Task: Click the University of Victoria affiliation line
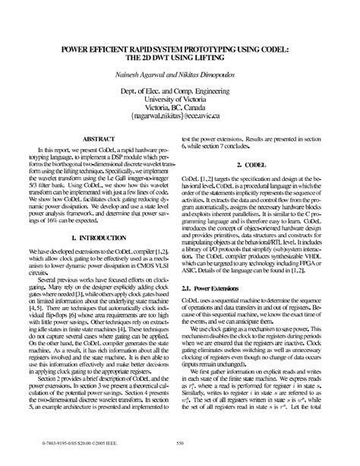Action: point(179,97)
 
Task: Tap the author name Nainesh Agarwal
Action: point(152,74)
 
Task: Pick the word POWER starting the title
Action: point(63,47)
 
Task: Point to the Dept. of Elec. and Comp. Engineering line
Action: point(179,88)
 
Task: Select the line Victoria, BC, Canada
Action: point(179,106)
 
